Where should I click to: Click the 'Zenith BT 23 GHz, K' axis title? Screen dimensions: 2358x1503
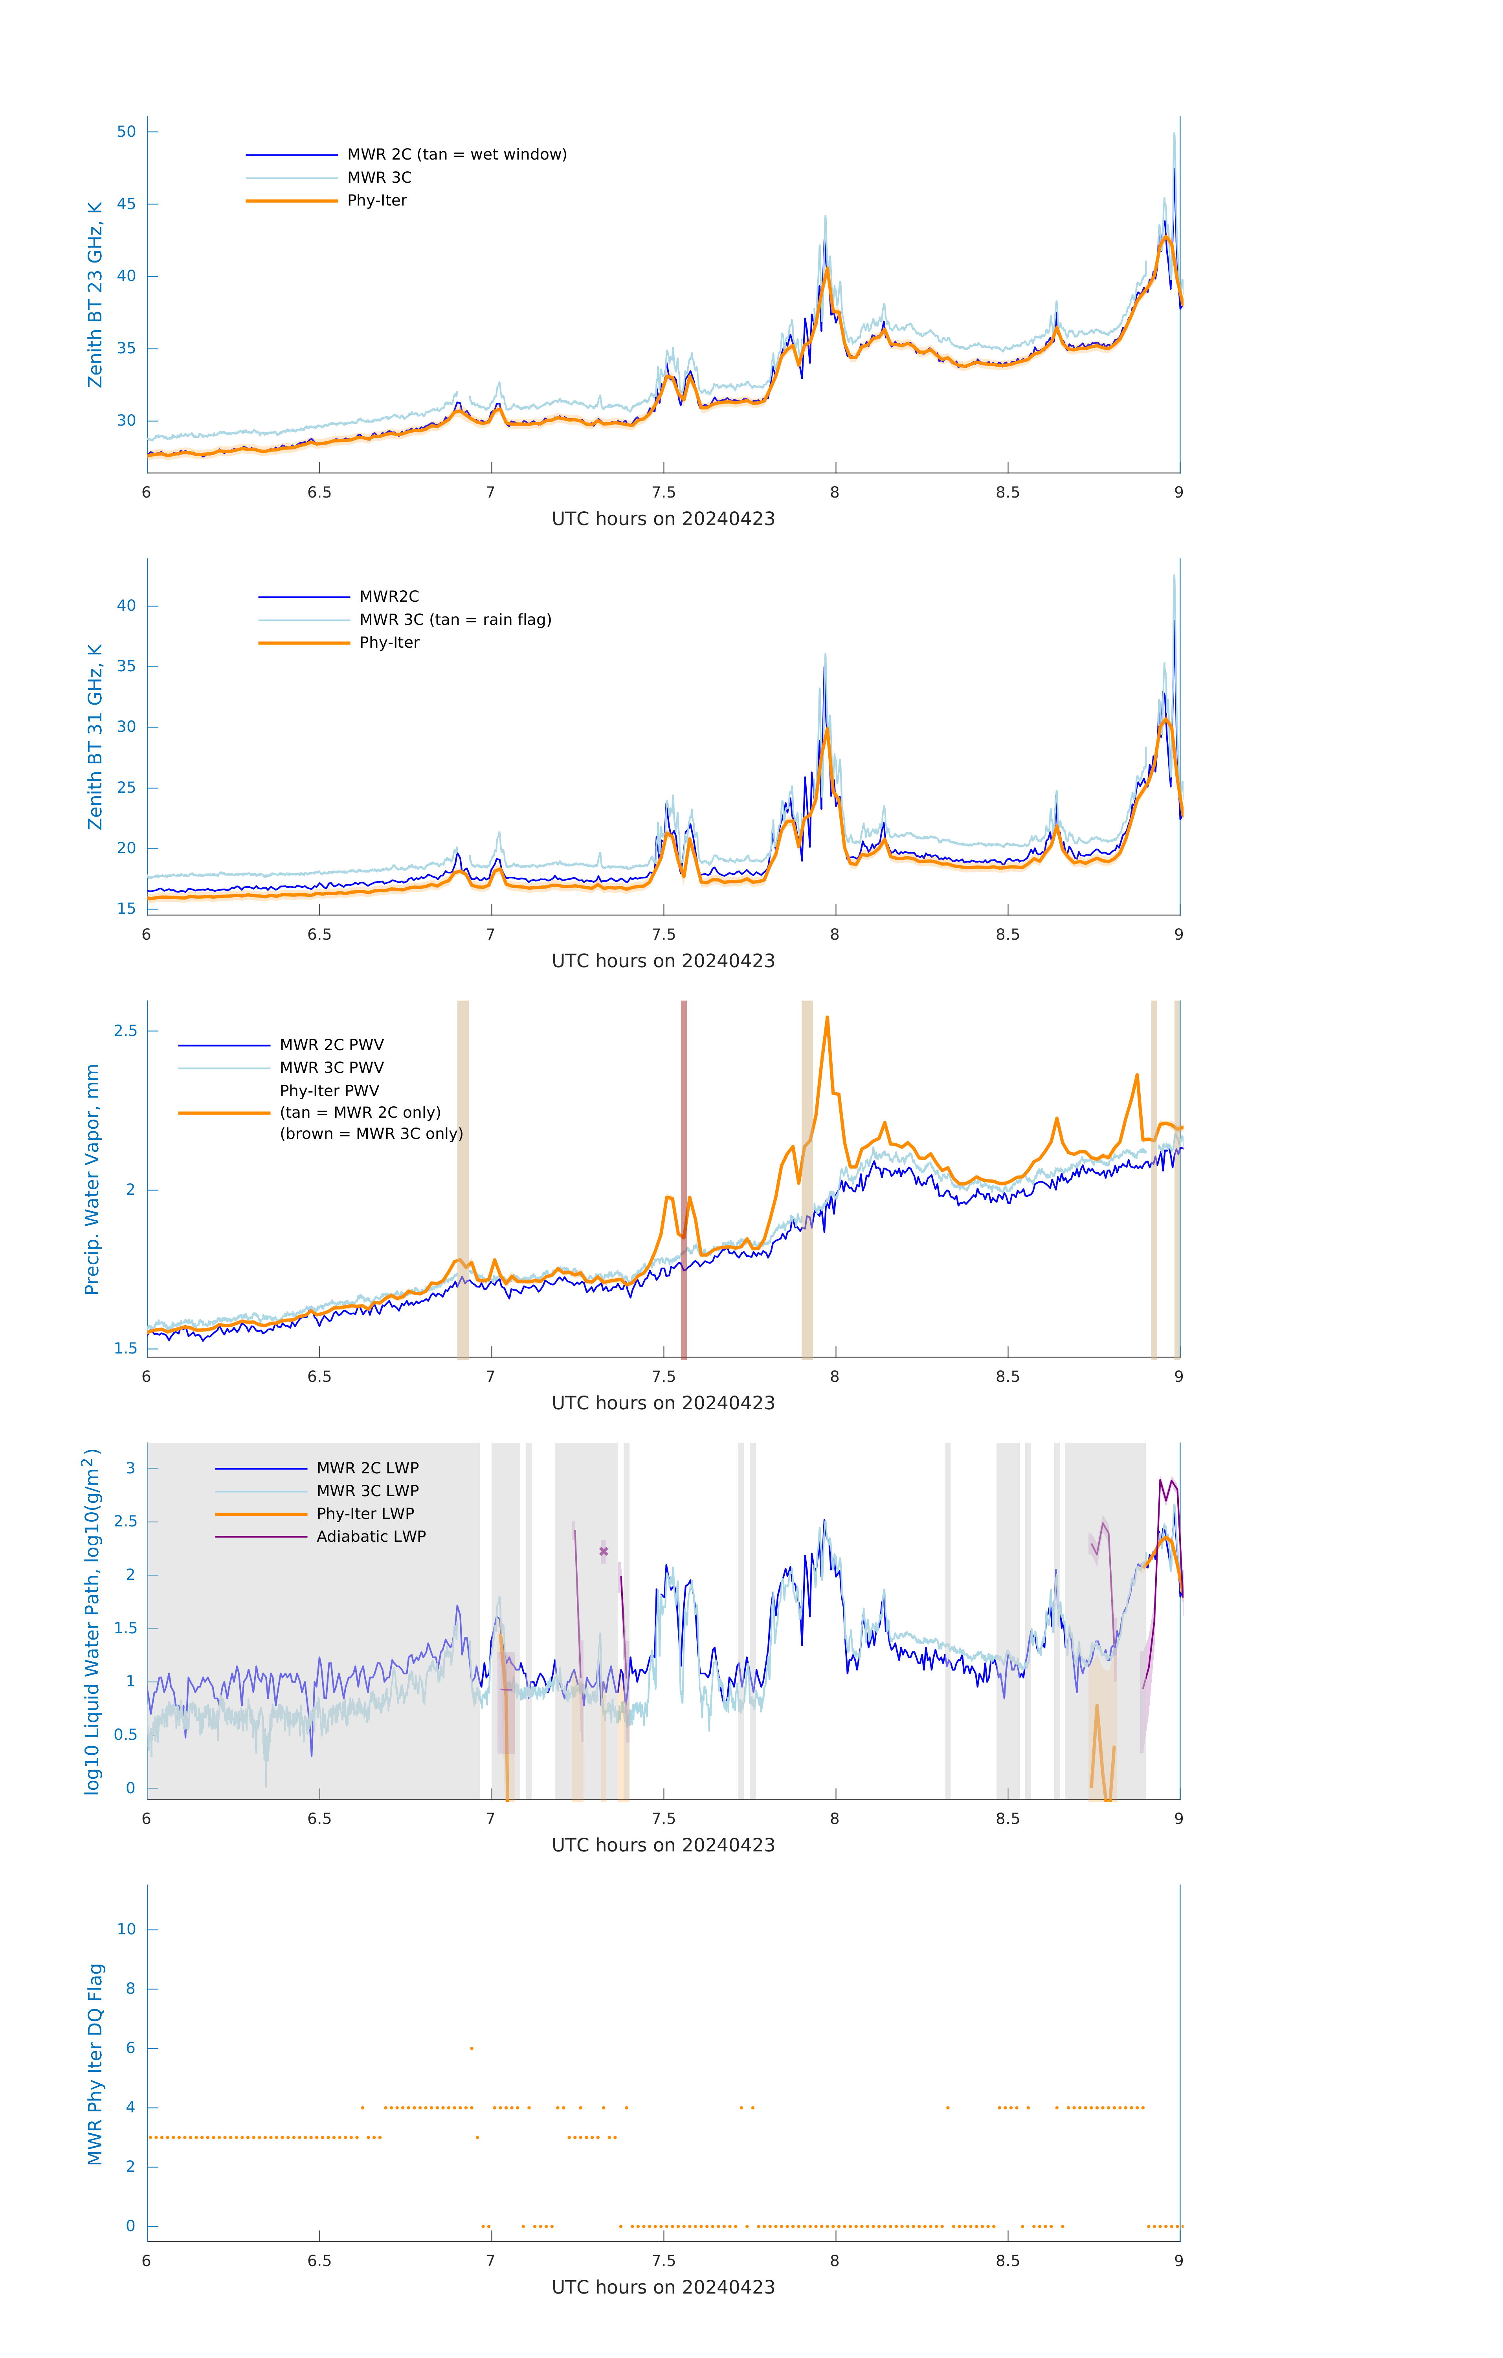(95, 295)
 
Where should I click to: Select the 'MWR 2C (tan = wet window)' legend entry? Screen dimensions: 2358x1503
(456, 155)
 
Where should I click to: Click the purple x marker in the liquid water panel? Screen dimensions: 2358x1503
(603, 1551)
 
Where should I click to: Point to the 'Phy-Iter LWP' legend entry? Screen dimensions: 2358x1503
(364, 1514)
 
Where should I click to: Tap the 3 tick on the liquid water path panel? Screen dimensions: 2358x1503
(130, 1468)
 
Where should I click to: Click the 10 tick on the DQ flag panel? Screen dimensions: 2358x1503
(126, 1929)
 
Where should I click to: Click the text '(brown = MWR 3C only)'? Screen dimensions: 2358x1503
(371, 1134)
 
